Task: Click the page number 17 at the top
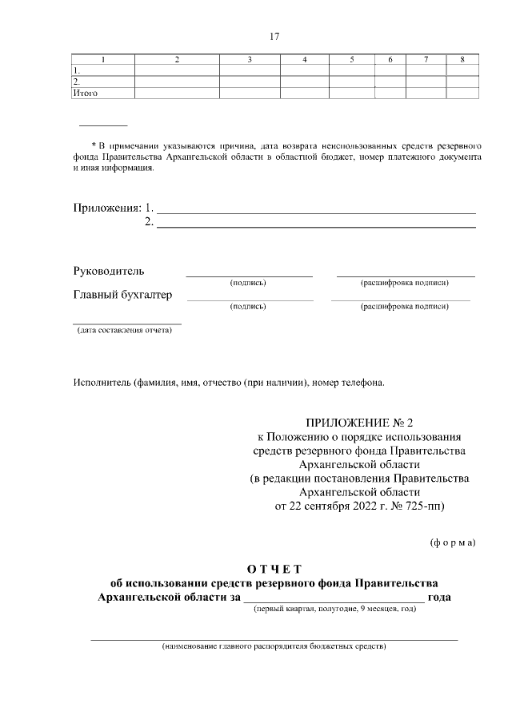click(274, 37)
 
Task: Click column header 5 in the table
click(352, 60)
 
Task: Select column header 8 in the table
click(462, 60)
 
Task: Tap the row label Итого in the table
click(86, 93)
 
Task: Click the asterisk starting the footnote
click(92, 146)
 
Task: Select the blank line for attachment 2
click(316, 226)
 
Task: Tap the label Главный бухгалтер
click(122, 295)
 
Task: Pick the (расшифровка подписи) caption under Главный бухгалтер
click(404, 306)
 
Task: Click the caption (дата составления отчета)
click(125, 330)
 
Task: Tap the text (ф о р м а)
click(453, 543)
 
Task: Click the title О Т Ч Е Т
click(274, 569)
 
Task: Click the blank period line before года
click(334, 598)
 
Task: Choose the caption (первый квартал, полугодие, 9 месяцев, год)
click(334, 610)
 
